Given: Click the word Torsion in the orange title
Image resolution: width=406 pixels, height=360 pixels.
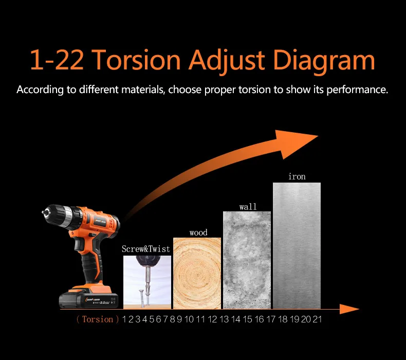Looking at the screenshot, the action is tap(136, 60).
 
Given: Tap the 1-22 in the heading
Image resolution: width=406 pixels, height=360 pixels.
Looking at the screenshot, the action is tap(57, 60).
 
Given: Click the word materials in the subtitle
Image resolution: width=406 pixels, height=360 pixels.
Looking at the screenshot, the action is tap(143, 89).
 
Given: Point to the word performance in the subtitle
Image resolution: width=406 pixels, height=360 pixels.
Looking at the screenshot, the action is tap(357, 90).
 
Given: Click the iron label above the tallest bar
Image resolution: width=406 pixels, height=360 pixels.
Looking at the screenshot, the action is tap(297, 176).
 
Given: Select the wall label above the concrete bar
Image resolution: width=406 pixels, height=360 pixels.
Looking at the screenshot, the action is tap(248, 207).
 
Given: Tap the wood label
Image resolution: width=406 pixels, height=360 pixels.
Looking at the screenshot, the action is tap(198, 232).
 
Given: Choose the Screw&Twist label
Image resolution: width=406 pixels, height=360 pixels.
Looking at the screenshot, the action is tap(146, 249).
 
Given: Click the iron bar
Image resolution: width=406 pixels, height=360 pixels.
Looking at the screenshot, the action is tap(297, 246).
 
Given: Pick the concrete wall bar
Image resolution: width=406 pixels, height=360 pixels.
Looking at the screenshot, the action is tap(247, 260).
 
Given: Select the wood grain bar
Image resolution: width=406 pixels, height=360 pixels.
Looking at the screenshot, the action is tap(197, 274).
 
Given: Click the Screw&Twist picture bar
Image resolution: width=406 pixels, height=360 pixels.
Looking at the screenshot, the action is tap(147, 282).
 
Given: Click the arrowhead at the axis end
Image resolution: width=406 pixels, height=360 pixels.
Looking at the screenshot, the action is tap(349, 309).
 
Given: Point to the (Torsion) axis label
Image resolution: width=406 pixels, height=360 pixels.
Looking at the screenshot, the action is tap(98, 319).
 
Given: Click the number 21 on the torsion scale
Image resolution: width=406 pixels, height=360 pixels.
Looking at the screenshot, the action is tap(317, 319).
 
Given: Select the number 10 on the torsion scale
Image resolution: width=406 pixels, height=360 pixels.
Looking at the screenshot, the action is tap(189, 319).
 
